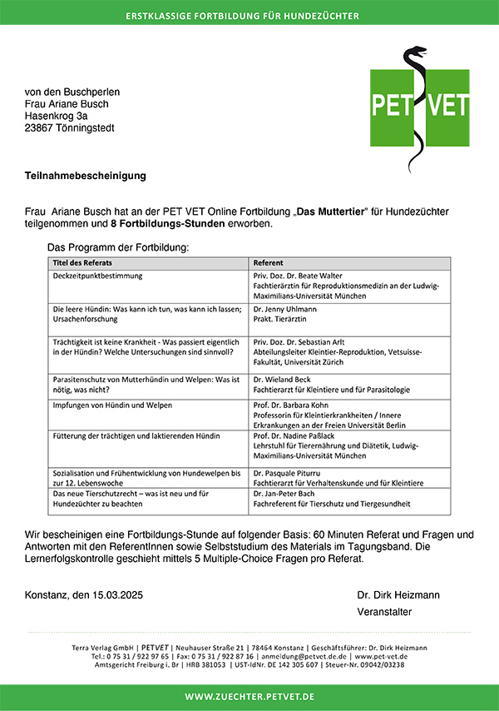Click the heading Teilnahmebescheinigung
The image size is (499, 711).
[x=86, y=177]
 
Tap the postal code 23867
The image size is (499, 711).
[x=40, y=128]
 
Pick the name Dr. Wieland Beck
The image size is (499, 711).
[x=284, y=379]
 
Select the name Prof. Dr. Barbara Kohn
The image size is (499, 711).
[x=293, y=405]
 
